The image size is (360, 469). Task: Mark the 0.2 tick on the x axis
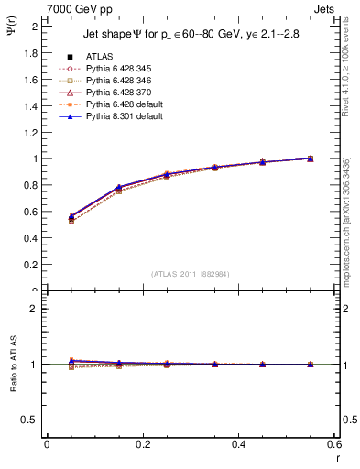pyautogui.click(x=143, y=444)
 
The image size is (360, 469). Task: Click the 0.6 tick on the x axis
pyautogui.click(x=335, y=444)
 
